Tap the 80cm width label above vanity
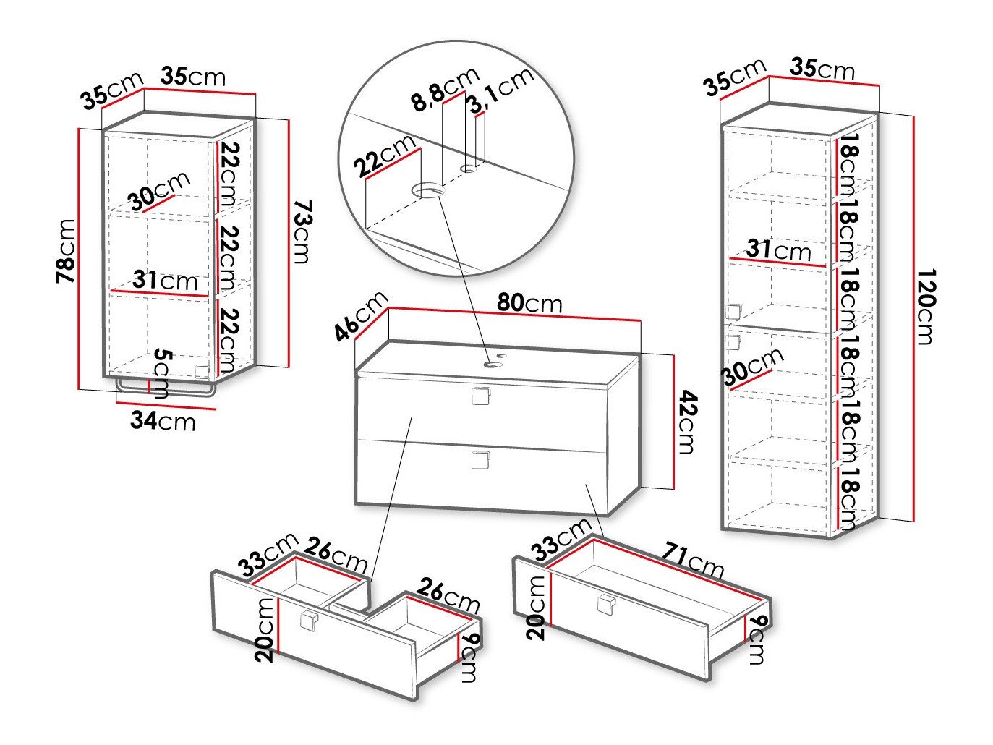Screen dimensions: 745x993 529,303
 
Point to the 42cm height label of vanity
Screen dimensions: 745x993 686,422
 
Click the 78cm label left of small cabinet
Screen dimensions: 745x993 66,250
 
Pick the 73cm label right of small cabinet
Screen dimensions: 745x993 302,233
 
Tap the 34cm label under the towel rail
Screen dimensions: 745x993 163,420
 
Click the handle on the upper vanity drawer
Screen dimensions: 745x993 481,396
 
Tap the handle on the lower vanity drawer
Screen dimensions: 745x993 480,460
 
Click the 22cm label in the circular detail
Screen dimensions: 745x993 385,156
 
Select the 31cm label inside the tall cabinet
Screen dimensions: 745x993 778,250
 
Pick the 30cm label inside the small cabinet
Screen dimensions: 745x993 159,190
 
